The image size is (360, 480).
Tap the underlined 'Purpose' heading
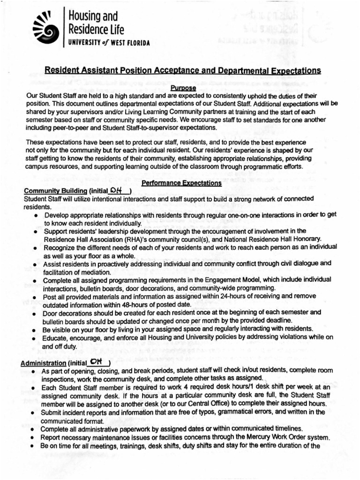[x=183, y=88]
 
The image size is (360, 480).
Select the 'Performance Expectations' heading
[x=182, y=183]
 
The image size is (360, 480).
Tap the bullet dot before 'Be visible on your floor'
[x=36, y=330]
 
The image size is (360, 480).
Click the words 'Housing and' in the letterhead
[x=93, y=16]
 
